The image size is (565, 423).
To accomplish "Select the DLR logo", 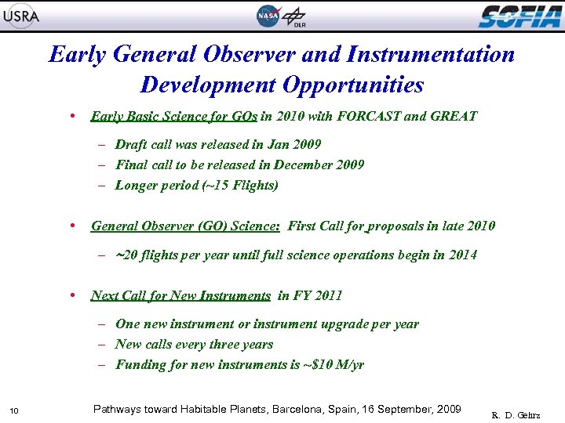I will coord(296,16).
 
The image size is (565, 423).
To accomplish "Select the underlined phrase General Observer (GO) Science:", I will coord(185,226).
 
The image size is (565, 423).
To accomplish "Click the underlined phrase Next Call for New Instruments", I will coord(180,295).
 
